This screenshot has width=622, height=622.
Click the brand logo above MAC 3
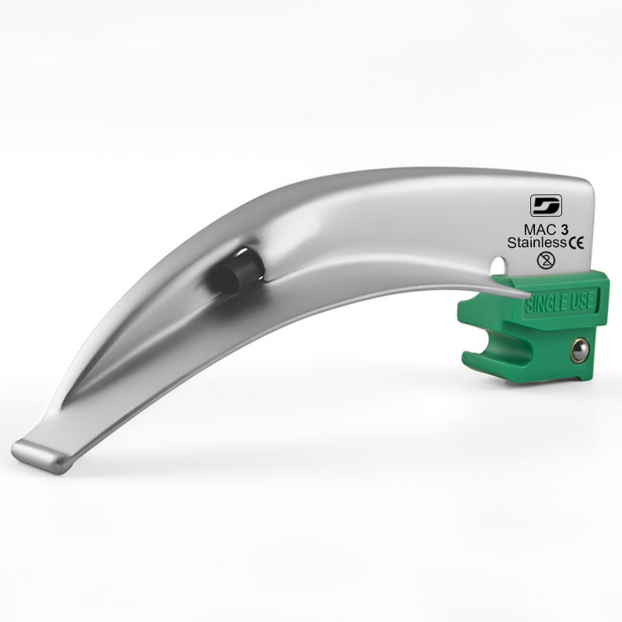coord(546,205)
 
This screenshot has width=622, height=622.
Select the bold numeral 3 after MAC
coord(564,229)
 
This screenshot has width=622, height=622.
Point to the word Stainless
coord(536,243)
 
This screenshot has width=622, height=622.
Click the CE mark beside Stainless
coord(576,243)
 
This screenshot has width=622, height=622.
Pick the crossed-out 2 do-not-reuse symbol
coord(546,260)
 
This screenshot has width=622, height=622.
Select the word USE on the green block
coord(580,301)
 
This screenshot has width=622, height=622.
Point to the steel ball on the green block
coord(579,351)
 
